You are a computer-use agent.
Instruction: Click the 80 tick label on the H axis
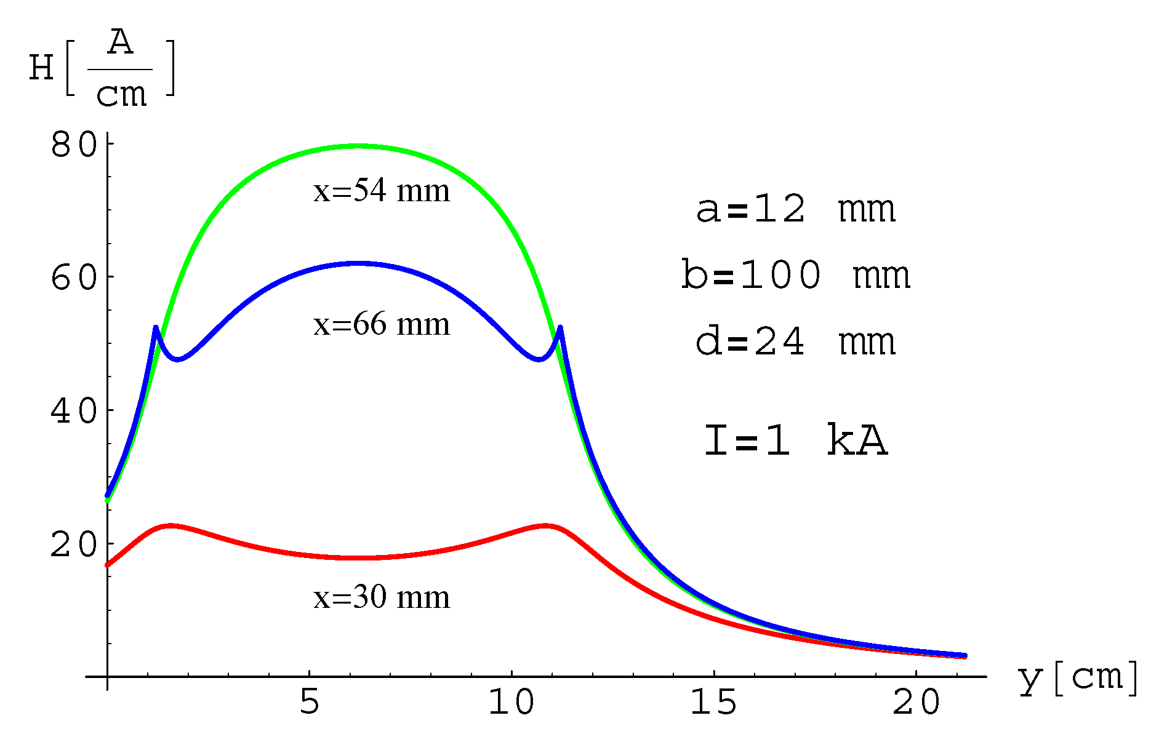pos(74,145)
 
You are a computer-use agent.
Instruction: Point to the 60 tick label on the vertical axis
pos(74,278)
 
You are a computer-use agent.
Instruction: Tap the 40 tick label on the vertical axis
pos(74,411)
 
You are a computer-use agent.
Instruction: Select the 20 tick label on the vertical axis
pos(74,545)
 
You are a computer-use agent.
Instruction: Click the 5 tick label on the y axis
pos(310,701)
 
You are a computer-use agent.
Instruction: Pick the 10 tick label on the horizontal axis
pos(511,701)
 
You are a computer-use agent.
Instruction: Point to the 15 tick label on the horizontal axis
pos(713,701)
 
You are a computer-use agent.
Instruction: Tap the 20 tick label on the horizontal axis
pos(916,701)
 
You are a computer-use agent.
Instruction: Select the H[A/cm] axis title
pos(102,68)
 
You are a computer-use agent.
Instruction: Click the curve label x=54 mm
pos(382,191)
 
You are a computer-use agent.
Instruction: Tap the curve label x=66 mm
pos(382,324)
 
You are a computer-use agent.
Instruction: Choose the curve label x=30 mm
pos(382,597)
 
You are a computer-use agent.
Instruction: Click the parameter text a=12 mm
pos(795,209)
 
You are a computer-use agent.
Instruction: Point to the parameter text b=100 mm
pos(795,275)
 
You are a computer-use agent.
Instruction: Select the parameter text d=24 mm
pos(795,341)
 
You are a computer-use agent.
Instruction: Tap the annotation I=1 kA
pos(795,441)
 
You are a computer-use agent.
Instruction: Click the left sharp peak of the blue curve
pos(156,328)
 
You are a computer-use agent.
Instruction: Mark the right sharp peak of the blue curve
pos(560,328)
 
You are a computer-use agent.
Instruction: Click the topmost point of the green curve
pos(359,146)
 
